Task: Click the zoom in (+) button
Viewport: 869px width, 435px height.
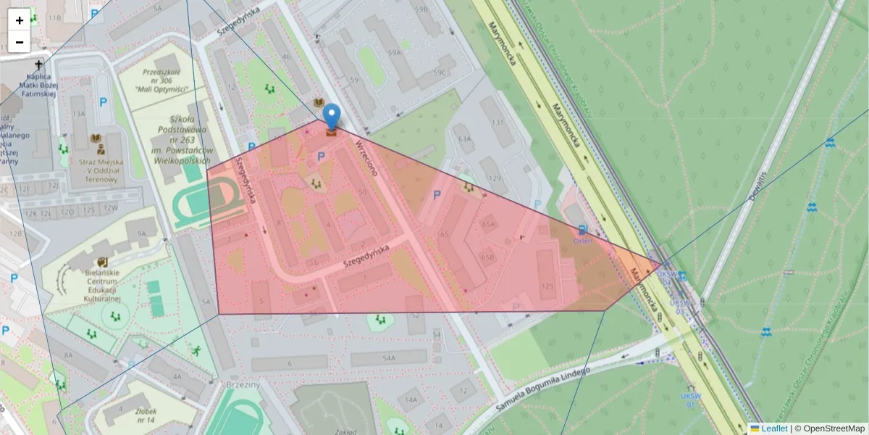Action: pos(20,20)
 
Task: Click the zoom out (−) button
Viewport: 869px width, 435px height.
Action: pos(20,42)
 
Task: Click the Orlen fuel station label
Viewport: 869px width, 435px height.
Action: pos(583,240)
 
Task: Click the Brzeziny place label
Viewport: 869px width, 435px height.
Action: pos(243,384)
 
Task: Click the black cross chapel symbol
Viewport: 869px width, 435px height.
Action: pos(38,65)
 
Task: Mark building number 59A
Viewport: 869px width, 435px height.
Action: pos(394,53)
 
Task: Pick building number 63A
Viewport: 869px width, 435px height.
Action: pos(464,138)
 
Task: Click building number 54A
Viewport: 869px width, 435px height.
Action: pos(389,357)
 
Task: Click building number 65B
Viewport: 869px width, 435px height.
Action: pos(487,257)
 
